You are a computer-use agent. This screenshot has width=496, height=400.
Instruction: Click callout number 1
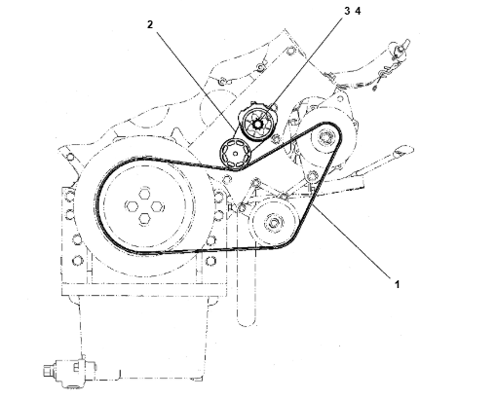pos(397,284)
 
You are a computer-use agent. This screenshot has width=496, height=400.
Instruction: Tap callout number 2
pos(150,24)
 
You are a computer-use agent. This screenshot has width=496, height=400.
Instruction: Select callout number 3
pos(347,11)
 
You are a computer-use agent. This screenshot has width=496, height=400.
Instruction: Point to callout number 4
pos(358,11)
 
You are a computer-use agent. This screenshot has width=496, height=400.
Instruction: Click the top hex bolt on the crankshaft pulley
pos(144,194)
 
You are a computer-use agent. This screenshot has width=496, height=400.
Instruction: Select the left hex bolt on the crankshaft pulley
pos(132,206)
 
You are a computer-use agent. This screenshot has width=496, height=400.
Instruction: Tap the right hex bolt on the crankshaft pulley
pos(157,206)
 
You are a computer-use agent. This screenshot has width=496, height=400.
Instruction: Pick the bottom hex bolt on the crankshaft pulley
pos(144,219)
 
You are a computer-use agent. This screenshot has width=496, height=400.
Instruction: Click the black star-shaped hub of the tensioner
pos(257,124)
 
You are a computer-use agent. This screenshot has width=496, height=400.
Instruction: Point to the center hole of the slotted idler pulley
pos(236,154)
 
